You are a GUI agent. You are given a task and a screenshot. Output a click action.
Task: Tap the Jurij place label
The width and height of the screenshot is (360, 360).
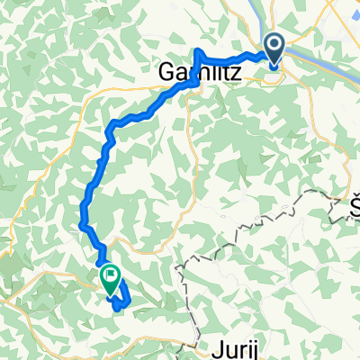point(240,346)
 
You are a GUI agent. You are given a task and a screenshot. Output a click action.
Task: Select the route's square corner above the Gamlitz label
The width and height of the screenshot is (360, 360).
point(197,50)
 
